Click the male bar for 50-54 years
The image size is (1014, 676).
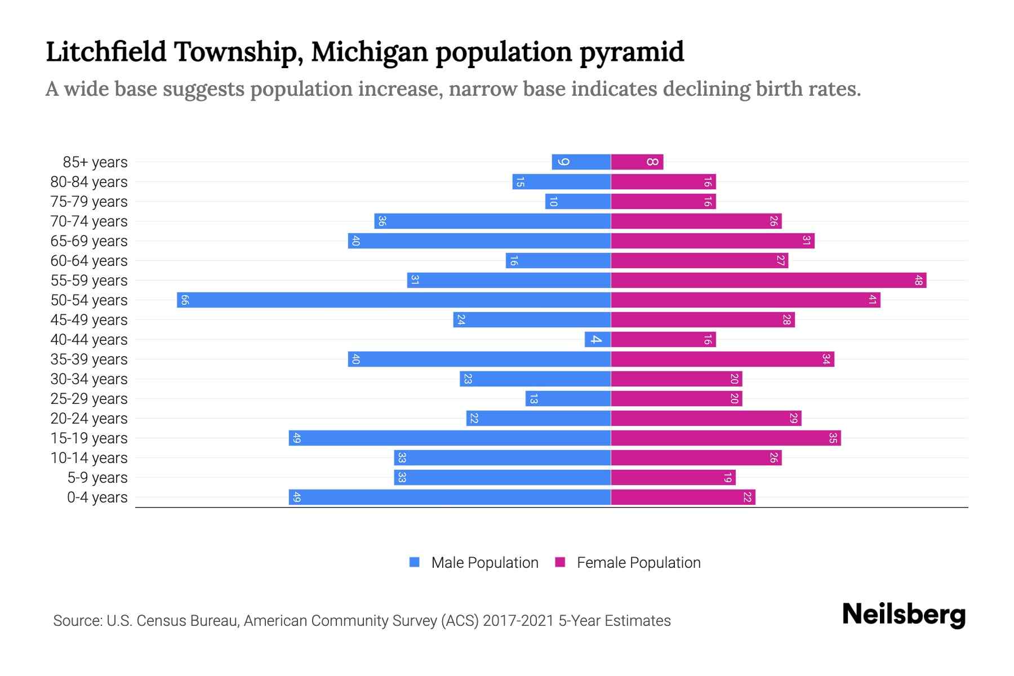[x=394, y=300]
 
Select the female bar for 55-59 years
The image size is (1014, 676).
[x=768, y=280]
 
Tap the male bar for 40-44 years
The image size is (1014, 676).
[x=598, y=339]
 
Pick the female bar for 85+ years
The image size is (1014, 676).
[x=637, y=162]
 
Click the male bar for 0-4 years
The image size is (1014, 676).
[x=450, y=497]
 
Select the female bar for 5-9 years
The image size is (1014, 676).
[x=673, y=477]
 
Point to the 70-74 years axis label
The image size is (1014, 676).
[x=89, y=221]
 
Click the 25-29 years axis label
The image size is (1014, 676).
[x=89, y=399]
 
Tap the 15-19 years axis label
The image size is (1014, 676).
[x=89, y=438]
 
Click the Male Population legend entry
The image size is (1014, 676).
[x=474, y=563]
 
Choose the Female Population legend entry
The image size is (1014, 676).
[x=628, y=563]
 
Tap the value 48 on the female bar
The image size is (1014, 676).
[x=918, y=280]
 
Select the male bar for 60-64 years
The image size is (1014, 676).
[x=558, y=260]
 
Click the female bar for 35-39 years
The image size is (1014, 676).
[x=722, y=359]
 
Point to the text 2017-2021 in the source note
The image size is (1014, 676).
[x=518, y=621]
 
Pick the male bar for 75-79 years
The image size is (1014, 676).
[x=578, y=201]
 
